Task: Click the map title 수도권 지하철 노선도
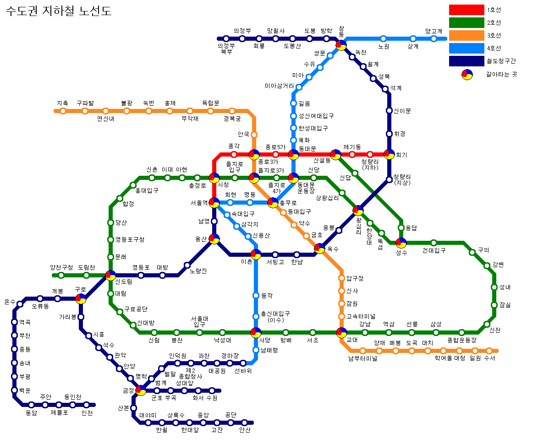pyautogui.click(x=59, y=11)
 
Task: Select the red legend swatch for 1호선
pyautogui.click(x=467, y=10)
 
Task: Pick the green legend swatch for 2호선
pyautogui.click(x=467, y=22)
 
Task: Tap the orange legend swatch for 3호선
pyautogui.click(x=467, y=35)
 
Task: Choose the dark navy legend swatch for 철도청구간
pyautogui.click(x=467, y=61)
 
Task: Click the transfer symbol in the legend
pyautogui.click(x=467, y=74)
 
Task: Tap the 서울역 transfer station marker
pyautogui.click(x=214, y=202)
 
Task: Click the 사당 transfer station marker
pyautogui.click(x=256, y=332)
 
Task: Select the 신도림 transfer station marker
pyautogui.click(x=110, y=275)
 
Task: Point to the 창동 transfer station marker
pyautogui.click(x=341, y=45)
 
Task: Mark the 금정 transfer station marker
pyautogui.click(x=141, y=390)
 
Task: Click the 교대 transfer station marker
pyautogui.click(x=341, y=332)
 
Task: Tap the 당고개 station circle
pyautogui.click(x=434, y=39)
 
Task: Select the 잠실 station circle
pyautogui.click(x=494, y=305)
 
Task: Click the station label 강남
pyautogui.click(x=365, y=324)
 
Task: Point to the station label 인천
pyautogui.click(x=87, y=413)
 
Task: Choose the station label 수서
pyautogui.click(x=489, y=358)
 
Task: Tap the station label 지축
pyautogui.click(x=62, y=103)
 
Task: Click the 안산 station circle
pyautogui.click(x=244, y=423)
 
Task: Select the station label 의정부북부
pyautogui.click(x=226, y=49)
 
